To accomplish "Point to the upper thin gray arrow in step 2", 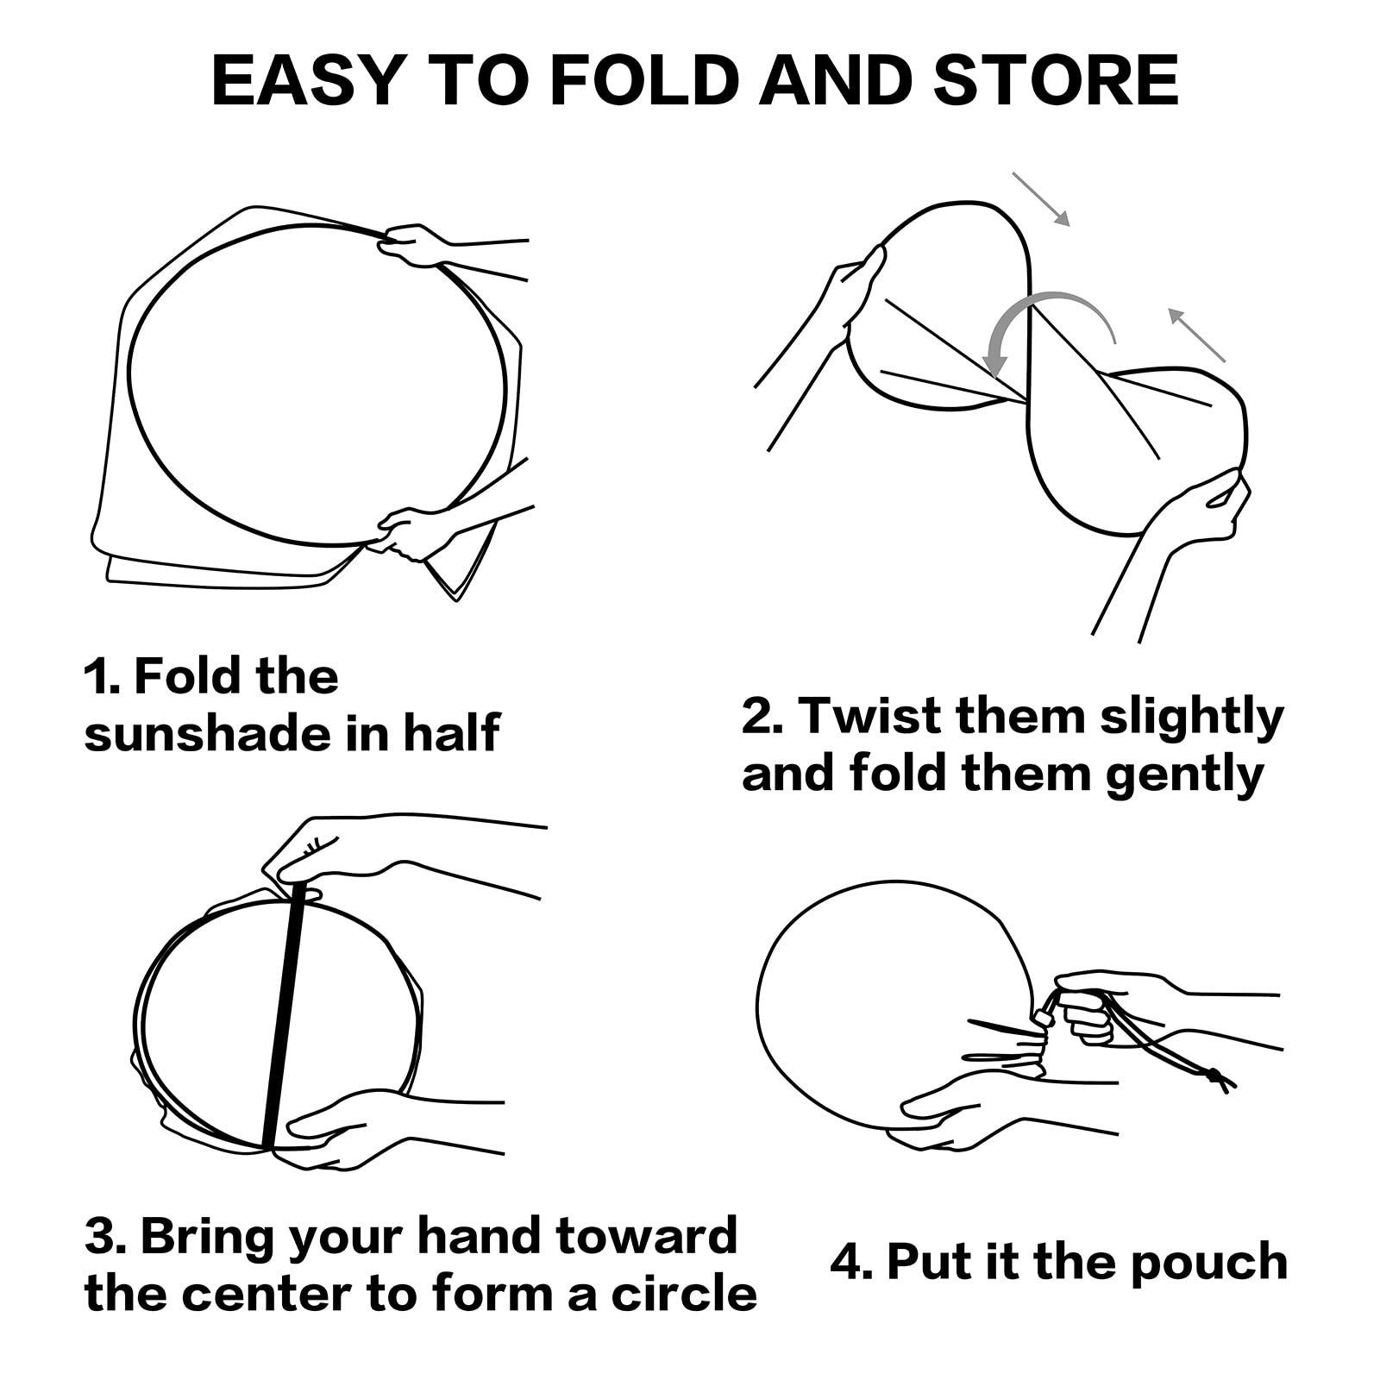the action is [x=1041, y=199].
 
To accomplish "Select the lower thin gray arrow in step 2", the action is [x=1197, y=335].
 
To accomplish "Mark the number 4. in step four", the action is [x=852, y=1262].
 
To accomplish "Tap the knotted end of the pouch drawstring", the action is [x=1218, y=1079].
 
